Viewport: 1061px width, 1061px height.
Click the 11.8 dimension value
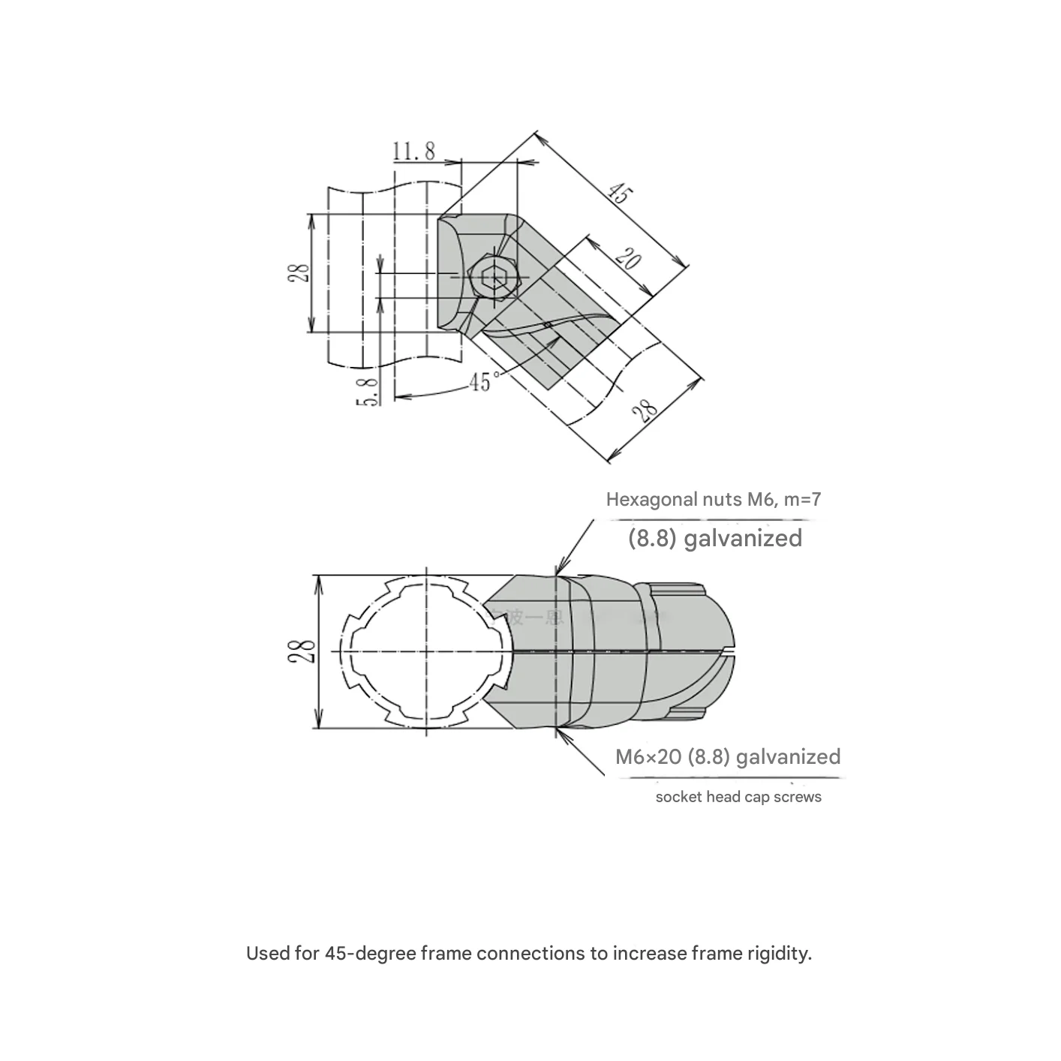[x=413, y=151]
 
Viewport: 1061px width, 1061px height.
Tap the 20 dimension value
[x=628, y=260]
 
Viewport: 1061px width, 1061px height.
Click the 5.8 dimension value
[x=367, y=391]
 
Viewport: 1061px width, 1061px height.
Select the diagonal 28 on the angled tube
[x=645, y=410]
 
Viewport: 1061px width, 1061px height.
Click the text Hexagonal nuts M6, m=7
[x=713, y=499]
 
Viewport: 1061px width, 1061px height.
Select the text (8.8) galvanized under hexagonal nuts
[x=714, y=538]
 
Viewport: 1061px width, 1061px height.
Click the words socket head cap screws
[x=738, y=797]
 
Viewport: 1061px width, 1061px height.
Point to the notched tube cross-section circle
[x=426, y=651]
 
